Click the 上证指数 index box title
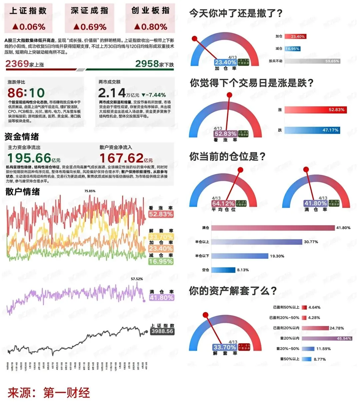tap(28, 11)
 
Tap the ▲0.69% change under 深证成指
tap(89, 27)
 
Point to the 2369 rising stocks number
tap(17, 63)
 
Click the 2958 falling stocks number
tap(147, 63)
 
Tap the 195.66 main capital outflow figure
tap(29, 158)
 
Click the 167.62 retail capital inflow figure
tap(121, 158)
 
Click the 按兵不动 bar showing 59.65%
tap(312, 61)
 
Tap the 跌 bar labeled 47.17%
tap(312, 130)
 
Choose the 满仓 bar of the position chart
tap(273, 228)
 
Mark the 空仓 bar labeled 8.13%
tap(223, 270)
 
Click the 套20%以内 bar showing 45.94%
tap(327, 338)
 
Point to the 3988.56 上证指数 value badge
tap(162, 331)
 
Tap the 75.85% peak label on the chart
tap(90, 191)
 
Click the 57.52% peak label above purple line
tap(137, 279)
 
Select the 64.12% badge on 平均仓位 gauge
tap(223, 203)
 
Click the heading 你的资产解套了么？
tap(233, 291)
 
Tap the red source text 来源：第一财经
tap(49, 393)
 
